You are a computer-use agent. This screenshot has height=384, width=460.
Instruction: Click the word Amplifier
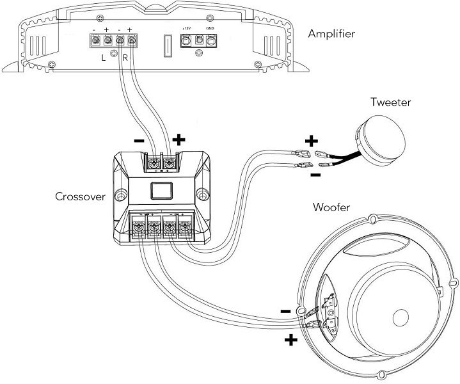pos(331,33)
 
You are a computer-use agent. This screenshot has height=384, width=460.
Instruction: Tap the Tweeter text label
pos(390,102)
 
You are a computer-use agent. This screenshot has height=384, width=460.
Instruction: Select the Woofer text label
pos(331,207)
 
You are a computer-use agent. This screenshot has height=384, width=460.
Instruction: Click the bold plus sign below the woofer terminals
pos(292,340)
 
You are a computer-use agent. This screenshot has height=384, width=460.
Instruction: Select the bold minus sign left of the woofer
pos(285,311)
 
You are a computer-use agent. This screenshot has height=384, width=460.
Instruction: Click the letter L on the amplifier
pos(104,57)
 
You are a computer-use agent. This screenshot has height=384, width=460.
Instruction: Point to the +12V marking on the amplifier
pos(186,29)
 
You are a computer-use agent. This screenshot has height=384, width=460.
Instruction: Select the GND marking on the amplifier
pos(210,29)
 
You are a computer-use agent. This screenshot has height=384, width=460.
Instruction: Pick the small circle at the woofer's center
pos(401,318)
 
